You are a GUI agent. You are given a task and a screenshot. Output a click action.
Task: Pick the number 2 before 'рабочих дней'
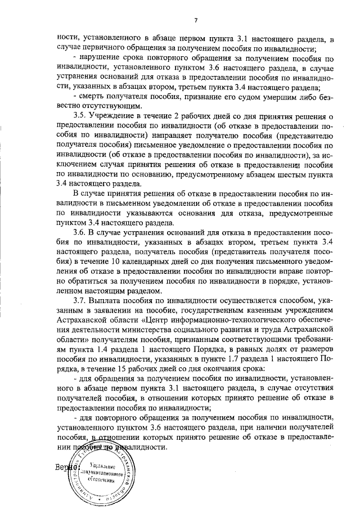click(181, 116)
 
